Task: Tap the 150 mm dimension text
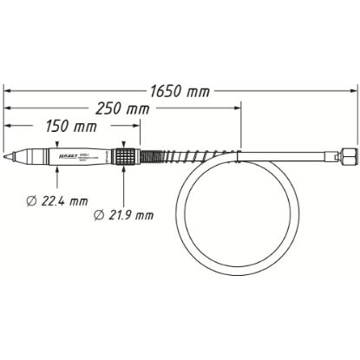point(70,127)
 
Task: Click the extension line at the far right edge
point(357,121)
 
